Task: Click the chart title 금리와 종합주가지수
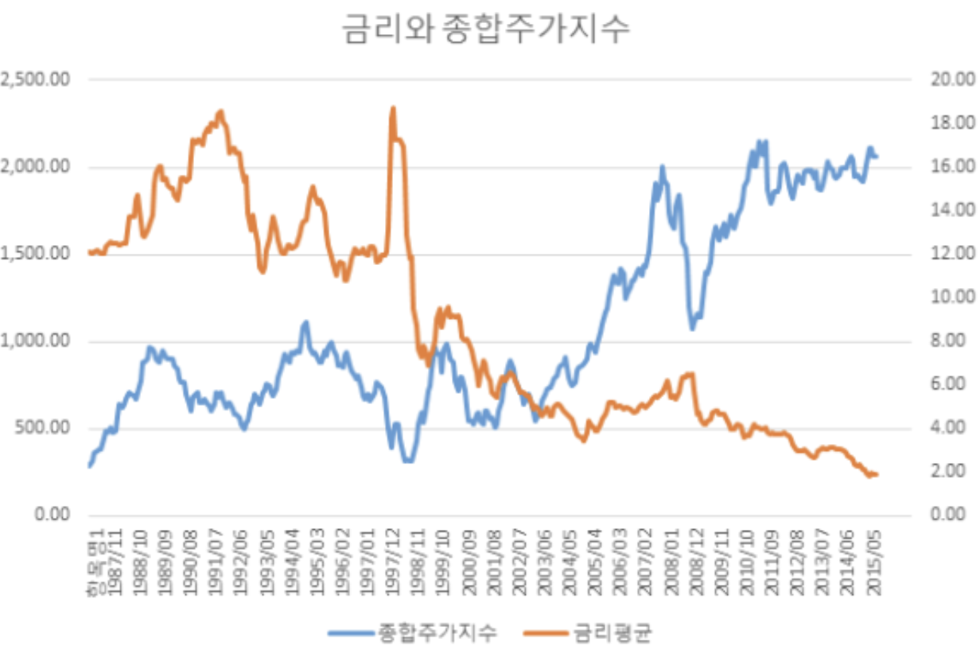pyautogui.click(x=486, y=30)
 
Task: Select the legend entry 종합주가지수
pyautogui.click(x=436, y=633)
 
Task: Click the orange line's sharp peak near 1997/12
pyautogui.click(x=392, y=108)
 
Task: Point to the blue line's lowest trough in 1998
pyautogui.click(x=408, y=461)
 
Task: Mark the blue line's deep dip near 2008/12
pyautogui.click(x=693, y=328)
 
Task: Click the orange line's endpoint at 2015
pyautogui.click(x=876, y=475)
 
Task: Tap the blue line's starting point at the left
pyautogui.click(x=89, y=466)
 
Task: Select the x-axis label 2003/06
pyautogui.click(x=543, y=557)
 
